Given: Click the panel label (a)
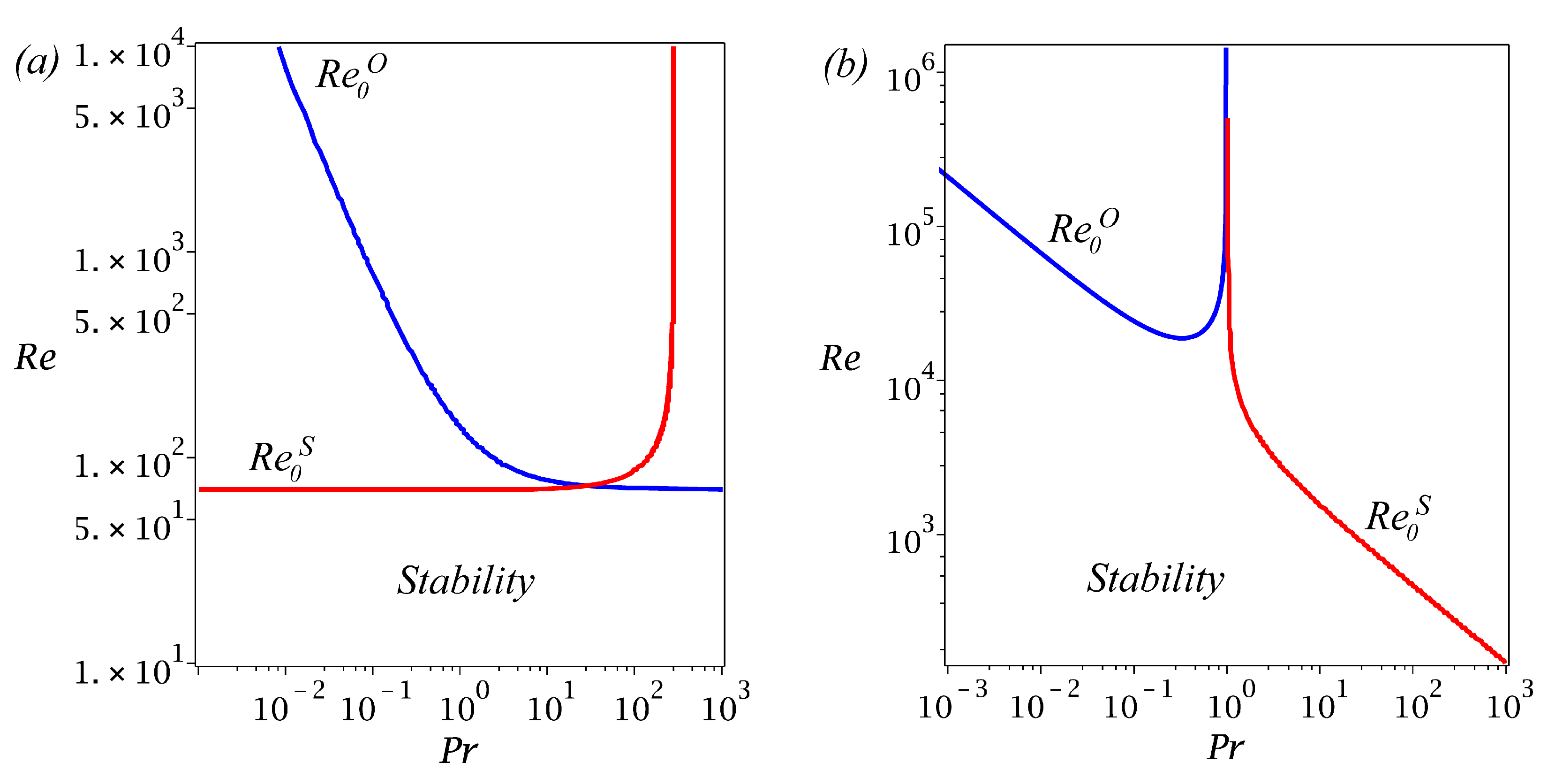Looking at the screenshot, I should click(x=37, y=62).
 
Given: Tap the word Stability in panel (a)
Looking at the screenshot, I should click(x=466, y=581).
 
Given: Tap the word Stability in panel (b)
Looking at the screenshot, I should click(x=1155, y=579).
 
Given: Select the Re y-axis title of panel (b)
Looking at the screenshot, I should click(x=840, y=359).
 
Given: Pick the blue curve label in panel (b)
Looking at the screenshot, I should click(x=1083, y=229).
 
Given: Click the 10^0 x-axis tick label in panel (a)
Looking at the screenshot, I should click(x=463, y=704).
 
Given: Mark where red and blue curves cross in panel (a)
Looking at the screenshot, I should click(x=585, y=485).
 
